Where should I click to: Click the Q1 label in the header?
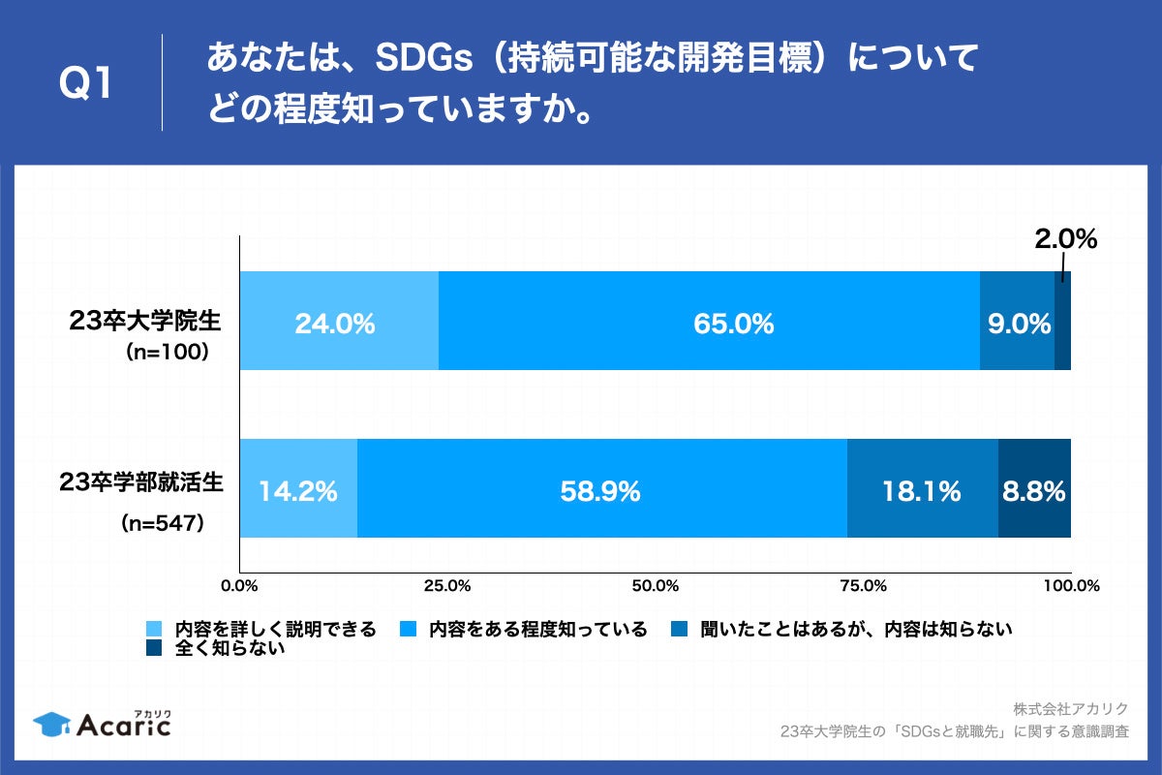(87, 84)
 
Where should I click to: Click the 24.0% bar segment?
(339, 322)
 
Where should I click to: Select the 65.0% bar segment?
(709, 322)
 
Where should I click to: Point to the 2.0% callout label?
(1065, 239)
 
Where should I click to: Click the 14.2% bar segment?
(298, 488)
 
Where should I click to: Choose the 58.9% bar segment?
(601, 488)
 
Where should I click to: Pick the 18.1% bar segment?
(922, 488)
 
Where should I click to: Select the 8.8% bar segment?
(1034, 488)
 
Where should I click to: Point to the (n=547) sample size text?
(161, 523)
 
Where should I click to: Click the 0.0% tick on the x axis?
(239, 586)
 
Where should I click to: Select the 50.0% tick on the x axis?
(655, 586)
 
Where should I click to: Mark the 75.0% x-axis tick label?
(863, 586)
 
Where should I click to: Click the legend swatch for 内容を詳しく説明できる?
(153, 630)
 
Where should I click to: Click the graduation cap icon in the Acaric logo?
(50, 723)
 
